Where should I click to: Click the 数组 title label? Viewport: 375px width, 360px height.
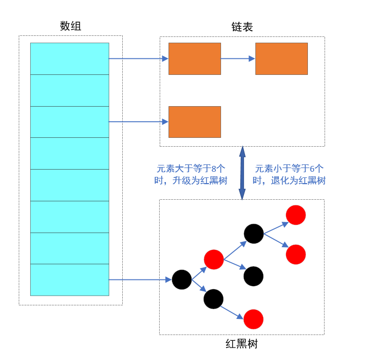point(71,26)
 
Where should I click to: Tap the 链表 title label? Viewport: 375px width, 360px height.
point(242,27)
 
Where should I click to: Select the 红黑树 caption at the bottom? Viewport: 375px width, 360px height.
point(242,344)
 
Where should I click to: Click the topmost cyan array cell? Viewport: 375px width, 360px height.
point(70,59)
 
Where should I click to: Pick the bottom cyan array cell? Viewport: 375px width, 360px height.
point(70,280)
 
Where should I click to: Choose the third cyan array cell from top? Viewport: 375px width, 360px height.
point(70,122)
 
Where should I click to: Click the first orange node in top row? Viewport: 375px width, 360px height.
point(195,59)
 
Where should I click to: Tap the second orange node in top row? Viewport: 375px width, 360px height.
point(281,59)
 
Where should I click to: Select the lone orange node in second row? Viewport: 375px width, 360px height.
point(195,122)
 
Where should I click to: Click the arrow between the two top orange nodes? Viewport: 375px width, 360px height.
point(238,59)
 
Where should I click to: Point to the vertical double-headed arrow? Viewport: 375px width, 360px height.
point(242,173)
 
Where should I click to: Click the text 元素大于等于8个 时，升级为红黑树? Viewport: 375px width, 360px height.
point(192,175)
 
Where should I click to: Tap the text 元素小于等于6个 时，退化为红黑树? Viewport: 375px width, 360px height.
point(289,175)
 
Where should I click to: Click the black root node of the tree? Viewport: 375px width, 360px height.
point(182,280)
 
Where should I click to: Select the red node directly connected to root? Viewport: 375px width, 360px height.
point(214,259)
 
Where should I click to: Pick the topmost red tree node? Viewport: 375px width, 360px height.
point(295,215)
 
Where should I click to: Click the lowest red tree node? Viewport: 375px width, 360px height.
point(253,319)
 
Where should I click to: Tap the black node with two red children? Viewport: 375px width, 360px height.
point(254,234)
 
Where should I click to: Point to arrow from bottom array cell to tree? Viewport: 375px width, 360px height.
point(139,280)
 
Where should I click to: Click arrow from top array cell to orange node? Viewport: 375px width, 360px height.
point(138,59)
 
